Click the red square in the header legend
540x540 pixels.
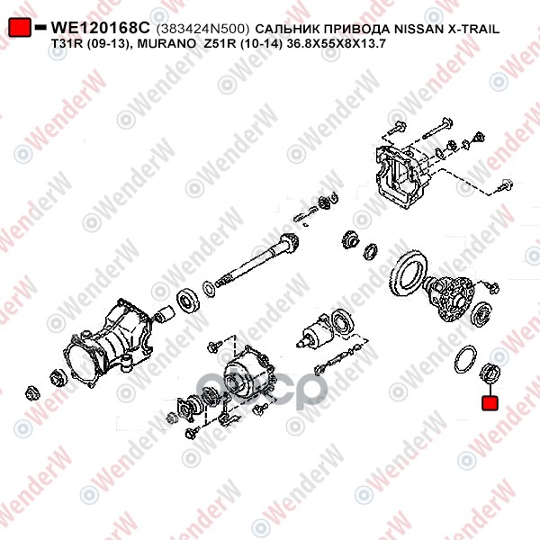click(20, 27)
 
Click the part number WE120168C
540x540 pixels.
click(101, 28)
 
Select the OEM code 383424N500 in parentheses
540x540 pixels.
click(202, 29)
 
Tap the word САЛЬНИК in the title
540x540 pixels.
click(288, 29)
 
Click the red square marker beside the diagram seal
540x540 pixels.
click(490, 403)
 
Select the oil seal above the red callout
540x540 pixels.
click(490, 373)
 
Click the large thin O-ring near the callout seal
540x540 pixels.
click(465, 359)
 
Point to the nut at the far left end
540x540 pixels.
click(32, 393)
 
